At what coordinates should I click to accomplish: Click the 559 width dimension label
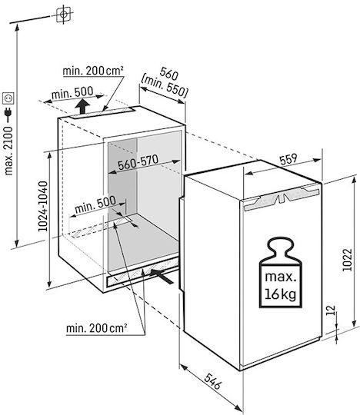pyautogui.click(x=288, y=160)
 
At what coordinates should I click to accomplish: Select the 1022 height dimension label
pyautogui.click(x=347, y=260)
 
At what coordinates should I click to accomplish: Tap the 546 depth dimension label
pyautogui.click(x=212, y=381)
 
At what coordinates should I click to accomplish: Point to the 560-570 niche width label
pyautogui.click(x=138, y=162)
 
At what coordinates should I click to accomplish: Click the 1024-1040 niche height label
pyautogui.click(x=43, y=206)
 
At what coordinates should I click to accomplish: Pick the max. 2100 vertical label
pyautogui.click(x=8, y=151)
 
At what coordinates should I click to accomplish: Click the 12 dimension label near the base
pyautogui.click(x=331, y=310)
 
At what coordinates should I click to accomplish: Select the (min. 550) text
pyautogui.click(x=165, y=86)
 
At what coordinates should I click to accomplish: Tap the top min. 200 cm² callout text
pyautogui.click(x=93, y=71)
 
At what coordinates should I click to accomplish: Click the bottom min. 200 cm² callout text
pyautogui.click(x=96, y=328)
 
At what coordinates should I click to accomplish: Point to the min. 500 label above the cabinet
pyautogui.click(x=72, y=93)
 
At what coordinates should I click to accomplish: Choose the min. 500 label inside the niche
pyautogui.click(x=95, y=204)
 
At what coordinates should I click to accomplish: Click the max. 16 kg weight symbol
pyautogui.click(x=281, y=272)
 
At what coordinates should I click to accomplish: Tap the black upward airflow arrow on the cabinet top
pyautogui.click(x=82, y=106)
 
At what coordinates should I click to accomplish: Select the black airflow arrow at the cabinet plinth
pyautogui.click(x=162, y=276)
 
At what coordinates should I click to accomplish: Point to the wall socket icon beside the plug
pyautogui.click(x=8, y=98)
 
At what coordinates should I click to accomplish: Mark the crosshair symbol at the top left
pyautogui.click(x=64, y=14)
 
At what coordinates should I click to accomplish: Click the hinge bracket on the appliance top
pyautogui.click(x=282, y=197)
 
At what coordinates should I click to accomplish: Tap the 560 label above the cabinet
pyautogui.click(x=169, y=74)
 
